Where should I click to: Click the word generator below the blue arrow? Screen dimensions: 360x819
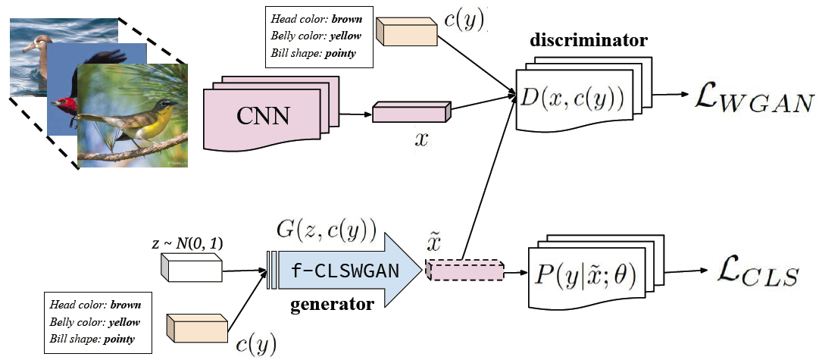pos(333,305)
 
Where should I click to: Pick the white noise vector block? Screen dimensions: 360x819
pos(191,267)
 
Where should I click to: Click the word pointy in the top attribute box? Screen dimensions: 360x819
pos(339,54)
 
